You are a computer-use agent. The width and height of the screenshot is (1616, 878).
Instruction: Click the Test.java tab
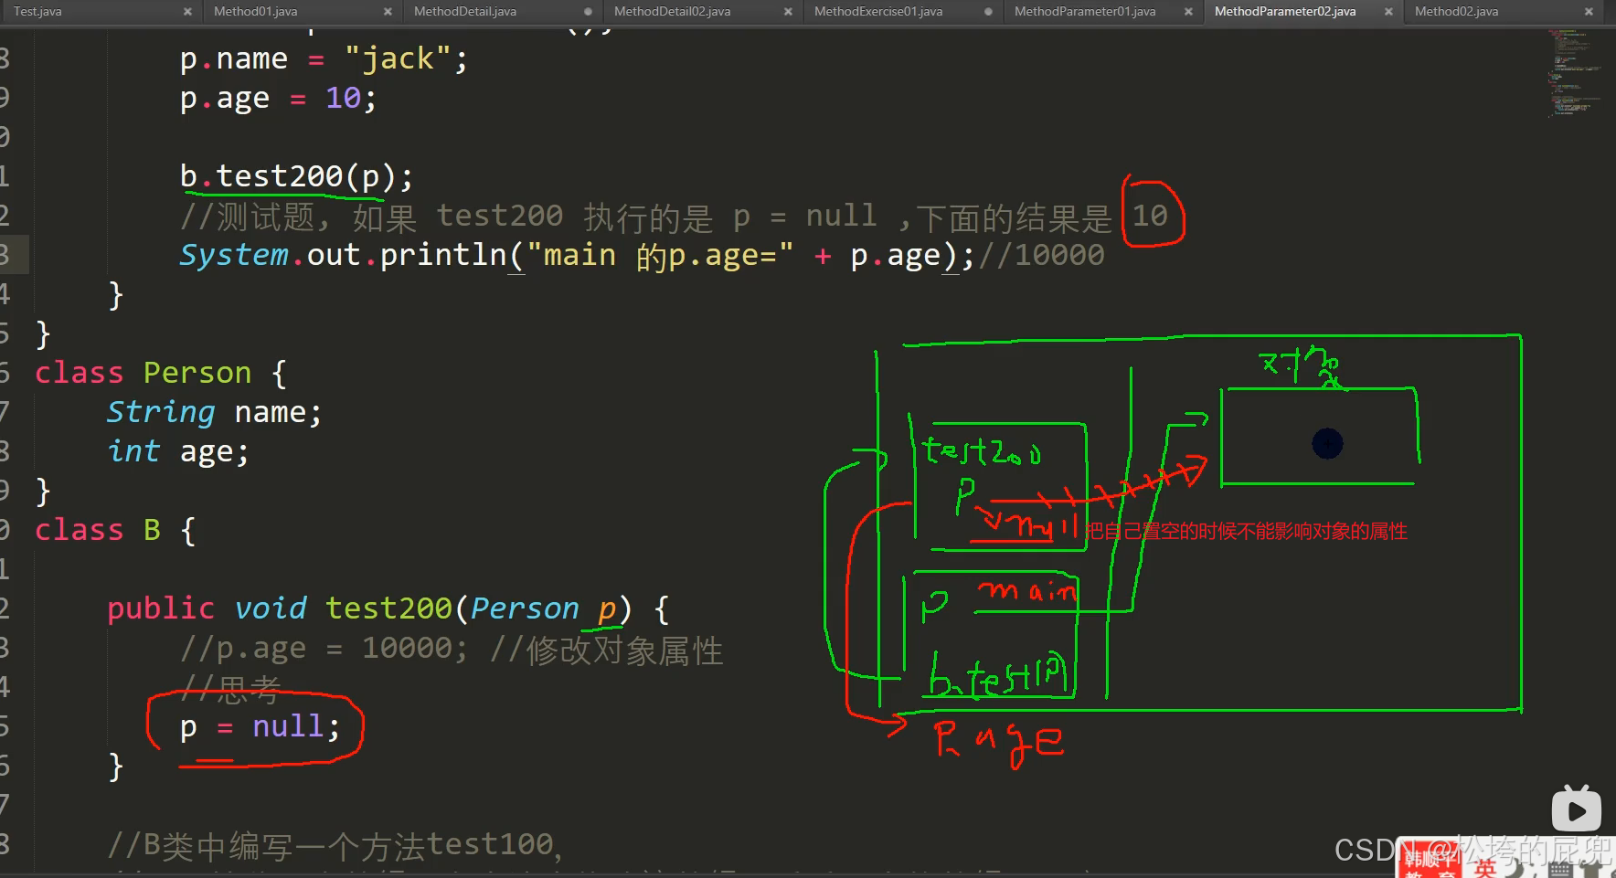point(37,12)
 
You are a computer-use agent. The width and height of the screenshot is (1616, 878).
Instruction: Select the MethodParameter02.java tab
point(1284,12)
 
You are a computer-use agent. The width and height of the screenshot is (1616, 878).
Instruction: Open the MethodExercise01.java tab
point(877,12)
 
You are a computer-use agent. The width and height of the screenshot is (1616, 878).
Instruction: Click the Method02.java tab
point(1456,12)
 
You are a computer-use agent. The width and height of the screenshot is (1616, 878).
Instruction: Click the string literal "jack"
point(398,59)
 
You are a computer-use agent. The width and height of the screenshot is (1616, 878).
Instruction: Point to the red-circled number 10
point(1150,216)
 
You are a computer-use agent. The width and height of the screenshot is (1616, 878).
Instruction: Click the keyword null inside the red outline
point(287,726)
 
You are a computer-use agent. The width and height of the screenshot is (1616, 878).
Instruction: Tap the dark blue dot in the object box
point(1327,444)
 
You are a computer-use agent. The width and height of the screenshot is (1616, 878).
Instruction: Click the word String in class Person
point(161,412)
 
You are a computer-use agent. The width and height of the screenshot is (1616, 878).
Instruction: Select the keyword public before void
point(160,608)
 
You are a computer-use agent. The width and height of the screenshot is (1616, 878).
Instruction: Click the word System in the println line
point(233,255)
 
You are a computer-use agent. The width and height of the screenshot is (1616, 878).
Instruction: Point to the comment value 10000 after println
point(1059,255)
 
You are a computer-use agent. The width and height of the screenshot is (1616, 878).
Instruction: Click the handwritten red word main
point(1027,591)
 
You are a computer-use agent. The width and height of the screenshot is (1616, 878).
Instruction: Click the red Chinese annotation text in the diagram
point(1246,531)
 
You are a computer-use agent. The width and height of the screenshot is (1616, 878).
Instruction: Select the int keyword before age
point(133,451)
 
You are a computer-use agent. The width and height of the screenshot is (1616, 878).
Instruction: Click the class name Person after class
point(197,373)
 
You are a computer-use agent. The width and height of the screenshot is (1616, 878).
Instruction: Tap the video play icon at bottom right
point(1576,809)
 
